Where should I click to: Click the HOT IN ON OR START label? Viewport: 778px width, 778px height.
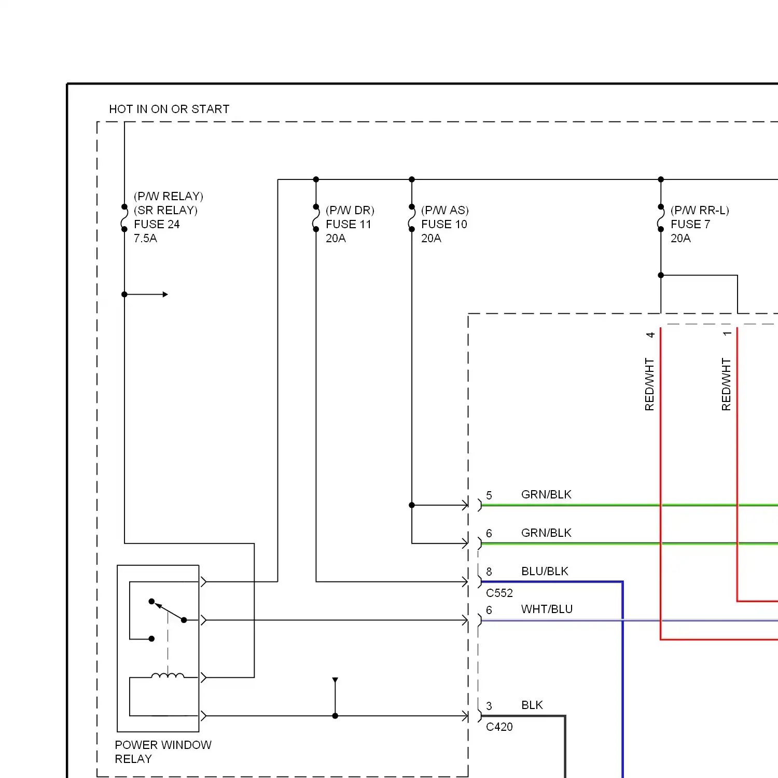[x=169, y=109]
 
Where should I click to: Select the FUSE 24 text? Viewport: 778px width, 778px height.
[x=157, y=224]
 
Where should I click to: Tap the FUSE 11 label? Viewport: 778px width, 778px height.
[x=349, y=224]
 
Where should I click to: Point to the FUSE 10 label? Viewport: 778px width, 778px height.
[x=444, y=224]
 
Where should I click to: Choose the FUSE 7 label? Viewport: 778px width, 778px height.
[x=690, y=224]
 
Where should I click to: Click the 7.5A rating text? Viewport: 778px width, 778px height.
[x=145, y=238]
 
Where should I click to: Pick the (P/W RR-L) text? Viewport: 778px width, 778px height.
[x=700, y=210]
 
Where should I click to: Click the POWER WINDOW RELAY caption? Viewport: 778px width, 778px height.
[x=163, y=752]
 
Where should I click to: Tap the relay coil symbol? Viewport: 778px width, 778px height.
[x=168, y=675]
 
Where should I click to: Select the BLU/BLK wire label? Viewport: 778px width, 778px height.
[x=545, y=571]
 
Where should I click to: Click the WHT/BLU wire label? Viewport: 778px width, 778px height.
[x=547, y=609]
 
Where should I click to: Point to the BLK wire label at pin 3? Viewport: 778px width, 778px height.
[x=532, y=705]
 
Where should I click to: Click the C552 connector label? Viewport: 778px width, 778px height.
[x=499, y=593]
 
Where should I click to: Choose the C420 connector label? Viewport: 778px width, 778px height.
[x=499, y=727]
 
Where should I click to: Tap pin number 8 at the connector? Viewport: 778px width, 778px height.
[x=489, y=572]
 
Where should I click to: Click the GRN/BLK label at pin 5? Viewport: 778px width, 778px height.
[x=546, y=494]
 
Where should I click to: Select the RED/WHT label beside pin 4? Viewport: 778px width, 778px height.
[x=649, y=384]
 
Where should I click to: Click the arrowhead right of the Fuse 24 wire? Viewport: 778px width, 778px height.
[x=165, y=295]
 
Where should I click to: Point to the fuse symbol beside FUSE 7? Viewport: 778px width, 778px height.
[x=661, y=218]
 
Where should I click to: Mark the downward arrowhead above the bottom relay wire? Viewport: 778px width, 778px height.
[x=335, y=680]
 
